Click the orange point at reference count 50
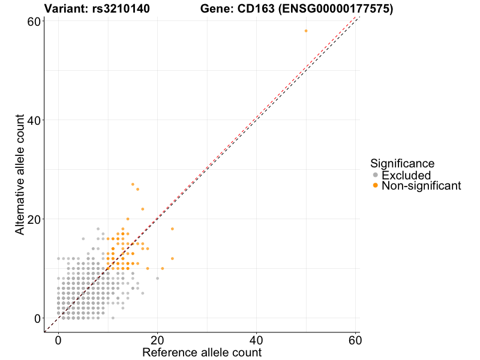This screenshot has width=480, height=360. (306, 31)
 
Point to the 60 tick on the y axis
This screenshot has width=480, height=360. (34, 22)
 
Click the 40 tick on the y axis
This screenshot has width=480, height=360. (34, 120)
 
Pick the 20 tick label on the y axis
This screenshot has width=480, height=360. (34, 219)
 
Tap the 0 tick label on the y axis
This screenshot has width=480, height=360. (37, 318)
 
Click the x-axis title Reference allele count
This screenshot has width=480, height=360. (202, 352)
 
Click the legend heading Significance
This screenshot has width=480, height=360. (402, 163)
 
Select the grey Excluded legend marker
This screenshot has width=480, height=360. (376, 175)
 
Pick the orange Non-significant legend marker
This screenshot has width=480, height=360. (376, 185)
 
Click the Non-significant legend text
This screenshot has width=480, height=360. (421, 185)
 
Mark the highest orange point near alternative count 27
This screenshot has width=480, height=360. (133, 184)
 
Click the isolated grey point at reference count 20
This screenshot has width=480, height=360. (157, 278)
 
